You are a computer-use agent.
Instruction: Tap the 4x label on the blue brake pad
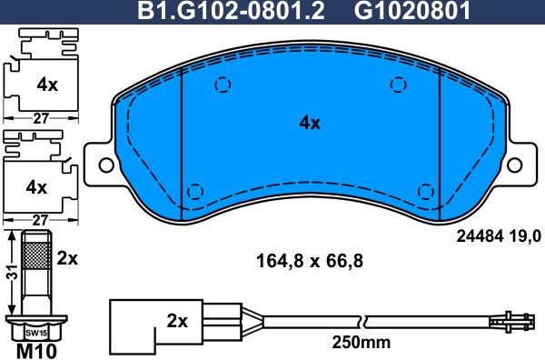[310, 124]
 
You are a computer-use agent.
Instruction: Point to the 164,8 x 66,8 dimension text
[310, 263]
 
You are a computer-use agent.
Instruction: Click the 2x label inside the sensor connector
[178, 321]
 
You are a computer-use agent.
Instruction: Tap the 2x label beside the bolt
[68, 257]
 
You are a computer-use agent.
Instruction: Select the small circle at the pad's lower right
[424, 191]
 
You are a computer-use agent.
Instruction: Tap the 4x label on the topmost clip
[46, 85]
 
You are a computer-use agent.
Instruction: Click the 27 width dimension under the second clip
[39, 219]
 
